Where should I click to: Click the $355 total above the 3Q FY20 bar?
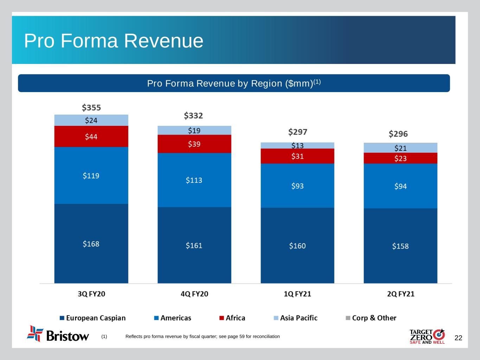point(91,107)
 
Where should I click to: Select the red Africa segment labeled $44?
point(91,136)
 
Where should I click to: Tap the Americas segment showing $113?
point(194,180)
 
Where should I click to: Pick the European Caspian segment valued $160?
point(297,245)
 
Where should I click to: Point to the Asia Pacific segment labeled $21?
point(400,148)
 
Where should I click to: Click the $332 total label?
point(193,115)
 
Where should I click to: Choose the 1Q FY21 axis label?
point(297,294)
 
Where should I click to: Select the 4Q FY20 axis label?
point(194,294)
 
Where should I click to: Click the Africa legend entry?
point(232,318)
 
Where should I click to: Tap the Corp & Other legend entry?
point(371,318)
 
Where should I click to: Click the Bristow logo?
point(58,334)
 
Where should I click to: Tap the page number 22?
point(459,338)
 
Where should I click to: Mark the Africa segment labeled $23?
point(400,158)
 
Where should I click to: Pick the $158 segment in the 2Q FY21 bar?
point(400,246)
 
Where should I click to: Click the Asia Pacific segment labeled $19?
point(194,130)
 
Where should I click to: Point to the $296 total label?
point(398,134)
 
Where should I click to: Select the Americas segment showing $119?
point(91,175)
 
